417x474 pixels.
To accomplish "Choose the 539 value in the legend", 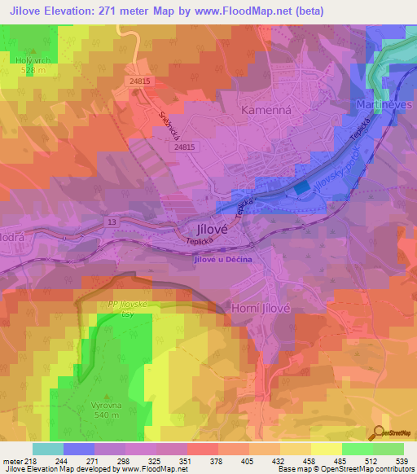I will click(x=403, y=461).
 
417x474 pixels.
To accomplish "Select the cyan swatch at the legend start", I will click(x=47, y=449).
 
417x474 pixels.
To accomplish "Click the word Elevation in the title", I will click(x=80, y=11).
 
